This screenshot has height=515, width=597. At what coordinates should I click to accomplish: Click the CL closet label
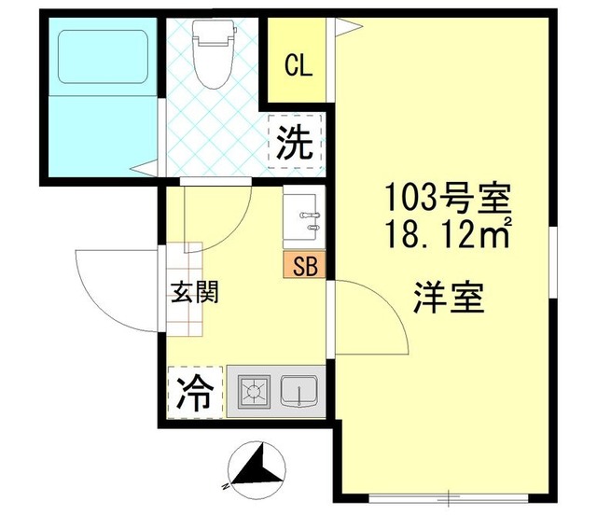(x=298, y=65)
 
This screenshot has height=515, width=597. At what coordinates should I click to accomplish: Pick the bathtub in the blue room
(x=103, y=57)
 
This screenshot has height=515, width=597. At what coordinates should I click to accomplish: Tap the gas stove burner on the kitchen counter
(x=253, y=392)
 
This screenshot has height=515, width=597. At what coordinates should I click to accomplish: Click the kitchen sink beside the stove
(x=299, y=392)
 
